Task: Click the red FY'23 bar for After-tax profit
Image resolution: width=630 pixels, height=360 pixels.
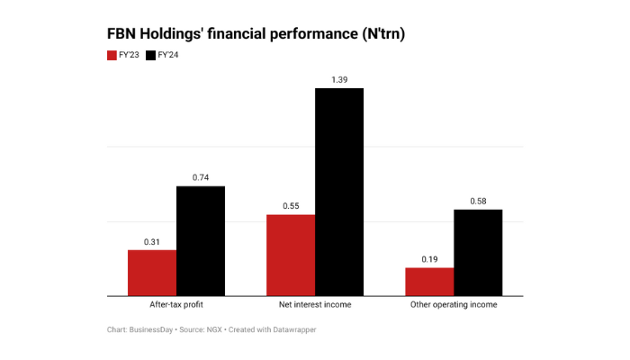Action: point(151,272)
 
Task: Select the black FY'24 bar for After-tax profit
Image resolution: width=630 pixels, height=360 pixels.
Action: point(200,240)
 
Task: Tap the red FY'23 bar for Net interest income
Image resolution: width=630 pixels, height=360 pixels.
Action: point(291,255)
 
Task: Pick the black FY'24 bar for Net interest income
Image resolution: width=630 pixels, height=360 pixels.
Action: point(339,191)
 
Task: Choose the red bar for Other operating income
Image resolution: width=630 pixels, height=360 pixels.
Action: point(429,281)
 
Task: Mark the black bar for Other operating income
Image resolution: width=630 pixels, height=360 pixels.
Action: point(478,252)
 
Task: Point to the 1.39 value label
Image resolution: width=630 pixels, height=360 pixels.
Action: point(339,80)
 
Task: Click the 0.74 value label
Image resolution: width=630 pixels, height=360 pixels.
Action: point(200,178)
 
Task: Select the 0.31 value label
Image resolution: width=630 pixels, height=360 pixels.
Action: point(151,242)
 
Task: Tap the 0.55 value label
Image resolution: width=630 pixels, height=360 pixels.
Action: point(291,206)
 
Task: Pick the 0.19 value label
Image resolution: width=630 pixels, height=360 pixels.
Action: point(429,260)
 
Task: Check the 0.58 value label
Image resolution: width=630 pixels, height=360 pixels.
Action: point(478,202)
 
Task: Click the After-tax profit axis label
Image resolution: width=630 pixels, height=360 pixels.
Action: point(175,305)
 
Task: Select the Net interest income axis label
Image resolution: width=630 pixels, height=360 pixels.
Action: point(315,305)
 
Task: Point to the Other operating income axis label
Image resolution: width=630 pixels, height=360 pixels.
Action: point(454,305)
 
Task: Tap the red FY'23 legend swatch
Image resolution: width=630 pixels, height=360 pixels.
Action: point(112,56)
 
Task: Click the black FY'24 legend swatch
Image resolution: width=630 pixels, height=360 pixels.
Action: point(150,56)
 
